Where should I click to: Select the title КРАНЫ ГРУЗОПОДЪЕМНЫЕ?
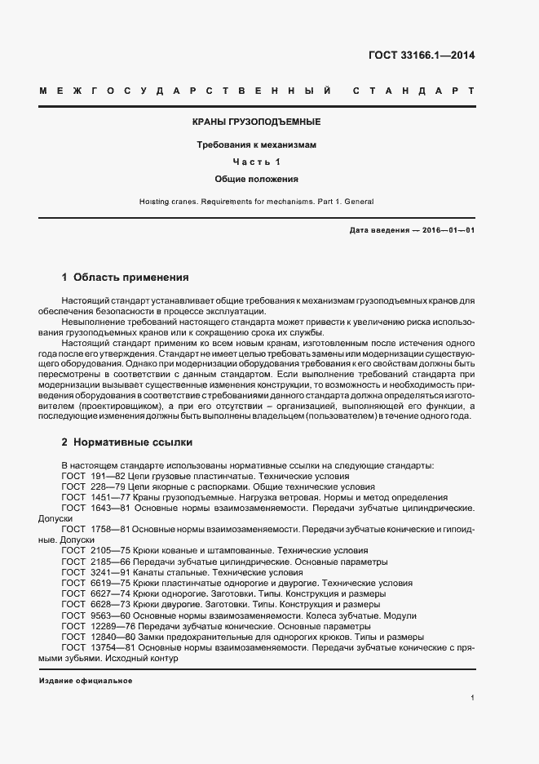pyautogui.click(x=256, y=122)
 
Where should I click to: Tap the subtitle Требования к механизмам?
pyautogui.click(x=256, y=144)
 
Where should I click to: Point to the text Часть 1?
pyautogui.click(x=256, y=161)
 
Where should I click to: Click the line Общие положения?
pyautogui.click(x=256, y=178)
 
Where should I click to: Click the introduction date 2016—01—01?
pyautogui.click(x=448, y=230)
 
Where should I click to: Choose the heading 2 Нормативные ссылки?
pyautogui.click(x=127, y=442)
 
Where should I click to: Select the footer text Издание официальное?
pyautogui.click(x=85, y=680)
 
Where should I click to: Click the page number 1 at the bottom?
pyautogui.click(x=472, y=698)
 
